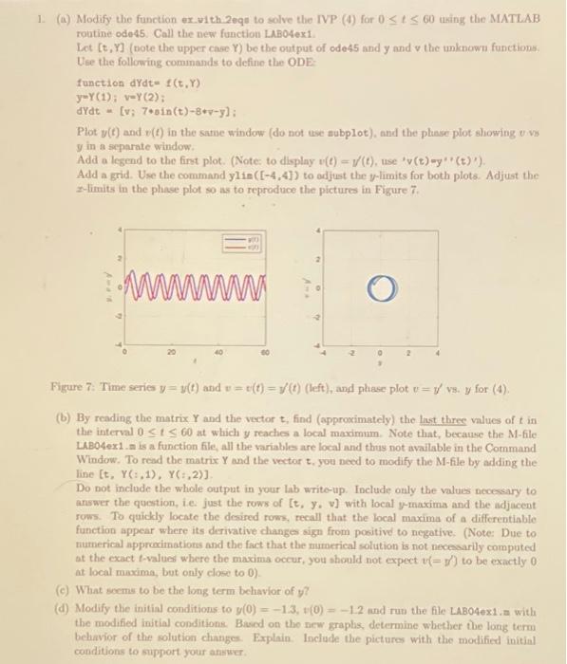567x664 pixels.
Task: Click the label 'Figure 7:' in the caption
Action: [x=72, y=388]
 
